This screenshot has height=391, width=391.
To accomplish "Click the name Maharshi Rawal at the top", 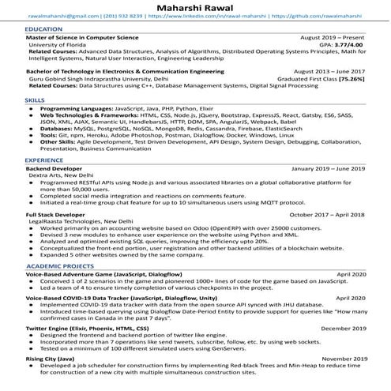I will tap(195, 6).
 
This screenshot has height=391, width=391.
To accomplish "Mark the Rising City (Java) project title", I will tap(51, 358).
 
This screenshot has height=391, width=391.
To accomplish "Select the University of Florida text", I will tap(59, 45).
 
